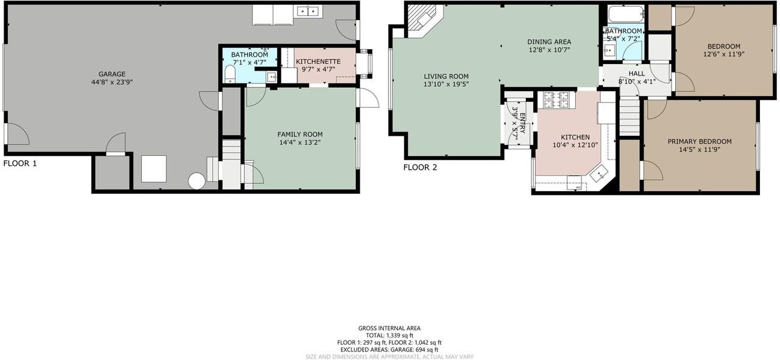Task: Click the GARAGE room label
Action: tap(112, 74)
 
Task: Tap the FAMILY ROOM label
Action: tap(300, 135)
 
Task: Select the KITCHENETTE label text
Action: tap(318, 62)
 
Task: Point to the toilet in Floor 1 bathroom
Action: tap(230, 74)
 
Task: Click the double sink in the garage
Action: tap(308, 12)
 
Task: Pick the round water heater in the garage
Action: tap(197, 181)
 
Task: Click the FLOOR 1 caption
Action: tap(20, 163)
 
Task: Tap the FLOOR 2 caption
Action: tap(420, 168)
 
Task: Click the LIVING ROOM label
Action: tap(446, 76)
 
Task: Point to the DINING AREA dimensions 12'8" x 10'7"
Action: tap(549, 50)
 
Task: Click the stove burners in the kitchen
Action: tap(556, 99)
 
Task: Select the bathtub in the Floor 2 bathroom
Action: tap(625, 14)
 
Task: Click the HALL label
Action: tap(637, 74)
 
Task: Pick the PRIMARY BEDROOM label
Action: tap(700, 142)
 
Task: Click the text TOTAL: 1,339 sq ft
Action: tap(389, 336)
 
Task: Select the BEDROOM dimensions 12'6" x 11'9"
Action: tap(724, 54)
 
